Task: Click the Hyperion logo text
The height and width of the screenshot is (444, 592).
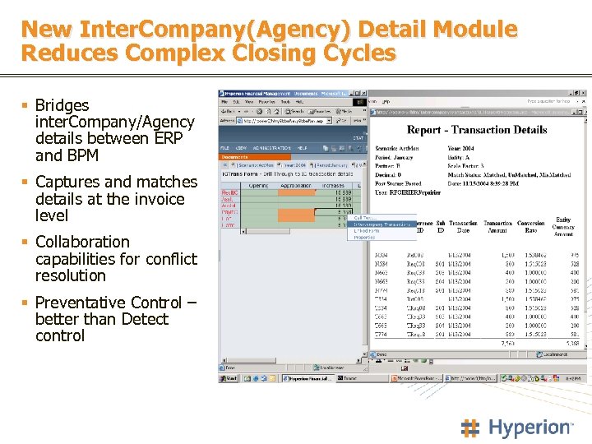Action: pyautogui.click(x=530, y=428)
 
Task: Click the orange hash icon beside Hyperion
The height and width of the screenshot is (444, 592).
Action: pyautogui.click(x=470, y=428)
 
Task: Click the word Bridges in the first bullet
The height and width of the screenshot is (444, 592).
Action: pyautogui.click(x=62, y=105)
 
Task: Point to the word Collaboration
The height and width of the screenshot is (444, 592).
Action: pyautogui.click(x=82, y=242)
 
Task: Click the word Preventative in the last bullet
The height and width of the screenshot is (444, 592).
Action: pyautogui.click(x=87, y=303)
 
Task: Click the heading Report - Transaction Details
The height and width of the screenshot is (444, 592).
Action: pyautogui.click(x=477, y=130)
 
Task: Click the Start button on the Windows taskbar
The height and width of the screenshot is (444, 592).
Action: pyautogui.click(x=230, y=379)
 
